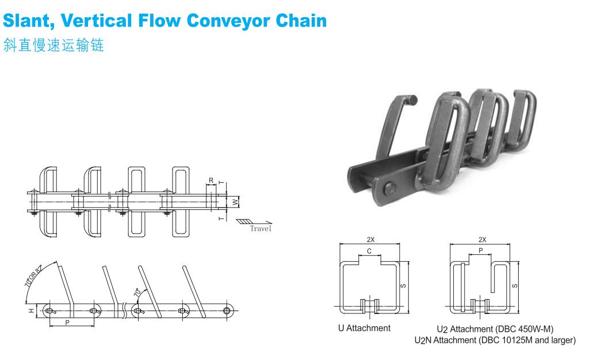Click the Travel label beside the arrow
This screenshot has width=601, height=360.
[x=261, y=228]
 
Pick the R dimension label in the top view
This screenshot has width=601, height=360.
[x=211, y=181]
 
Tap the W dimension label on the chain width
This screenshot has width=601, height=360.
[x=235, y=202]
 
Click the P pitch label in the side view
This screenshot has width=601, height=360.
[x=67, y=323]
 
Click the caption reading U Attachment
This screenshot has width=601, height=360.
[x=364, y=328]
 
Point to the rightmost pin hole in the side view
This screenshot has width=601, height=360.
[x=228, y=311]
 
